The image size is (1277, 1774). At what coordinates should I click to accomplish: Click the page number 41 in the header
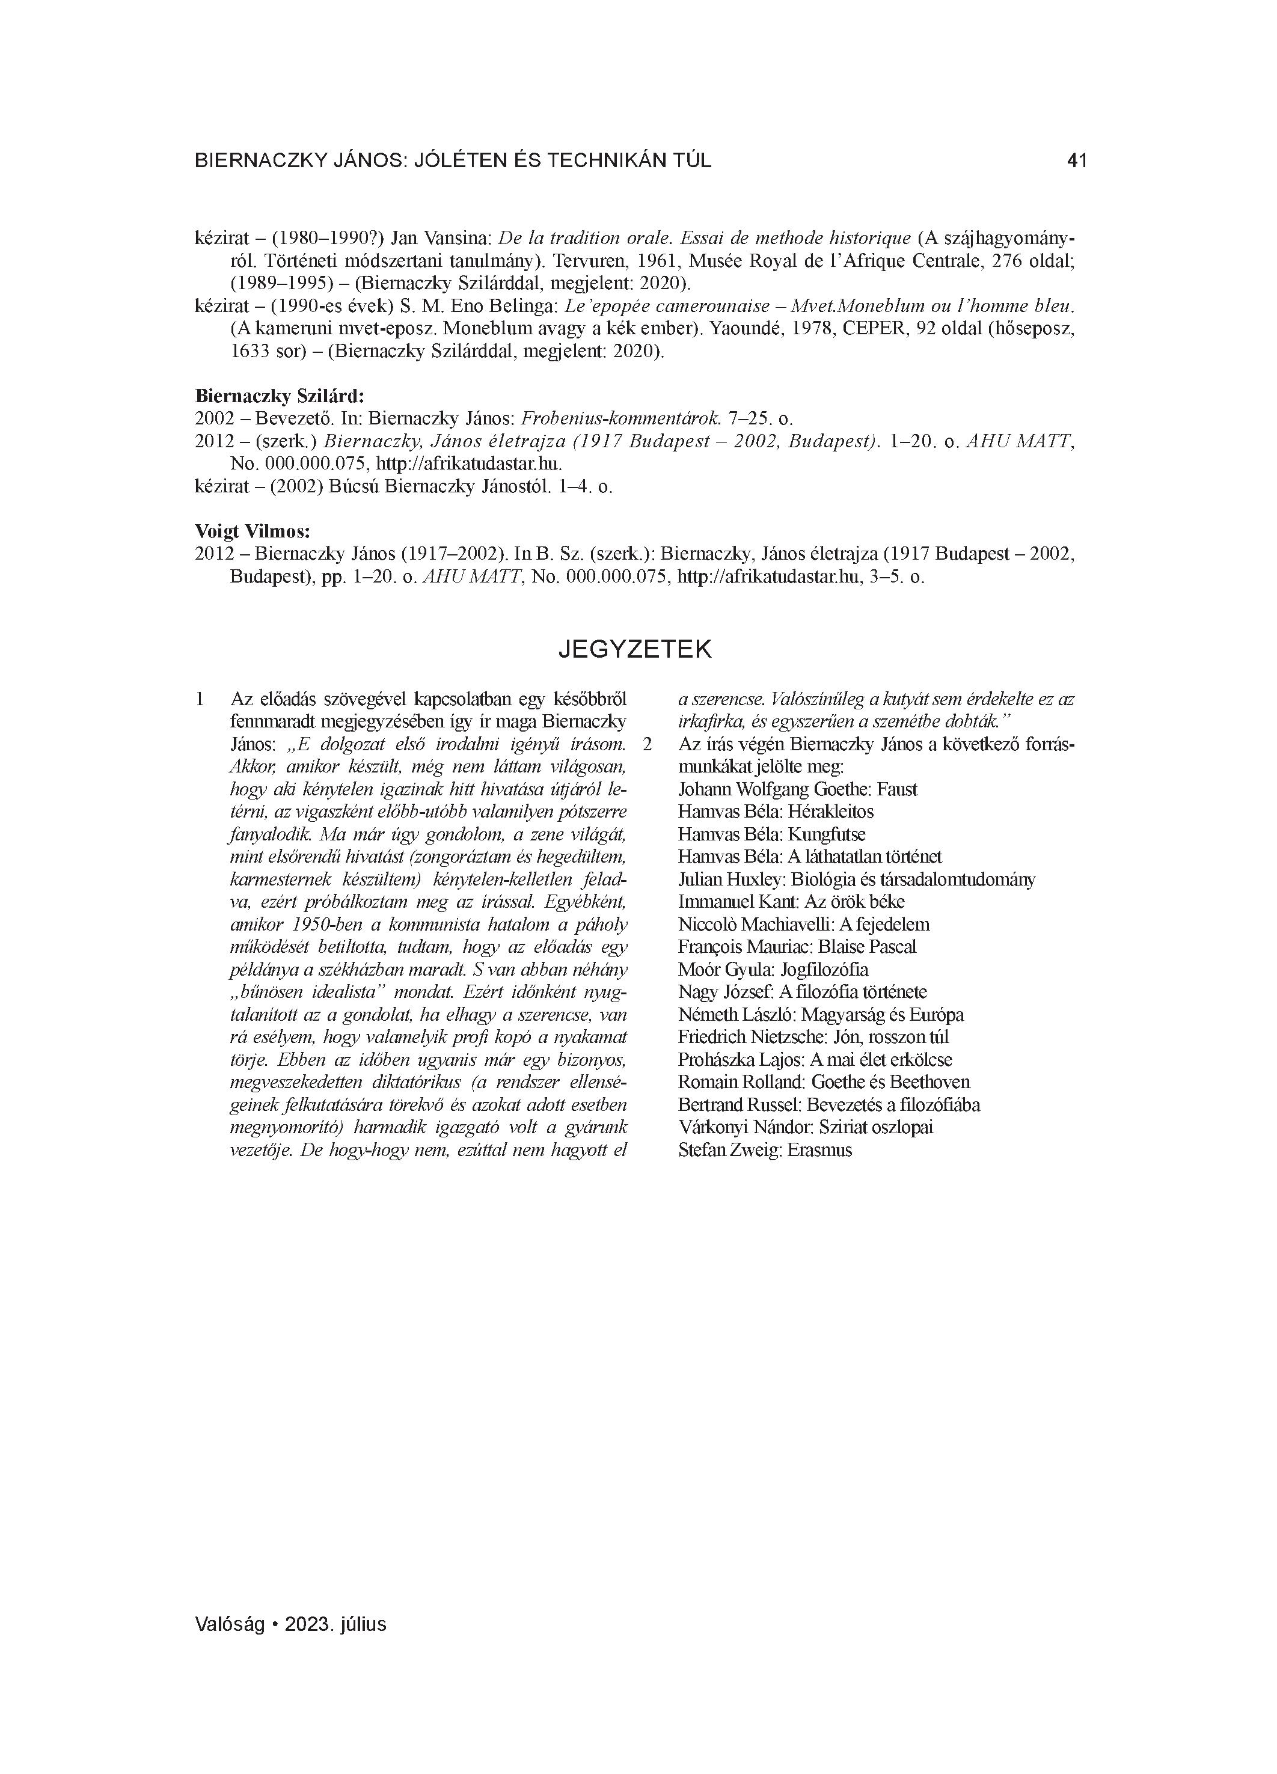coord(1077,161)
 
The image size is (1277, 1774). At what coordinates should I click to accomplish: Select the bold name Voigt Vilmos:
coord(252,532)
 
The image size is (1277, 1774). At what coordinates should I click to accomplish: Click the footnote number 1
coord(200,699)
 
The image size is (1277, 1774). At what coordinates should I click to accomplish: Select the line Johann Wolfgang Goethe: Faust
coord(797,789)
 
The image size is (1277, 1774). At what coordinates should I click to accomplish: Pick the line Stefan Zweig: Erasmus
coord(765,1150)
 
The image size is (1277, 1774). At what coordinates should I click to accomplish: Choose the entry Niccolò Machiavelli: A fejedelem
coord(804,925)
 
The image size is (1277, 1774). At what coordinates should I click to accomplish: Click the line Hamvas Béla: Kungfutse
coord(771,834)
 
